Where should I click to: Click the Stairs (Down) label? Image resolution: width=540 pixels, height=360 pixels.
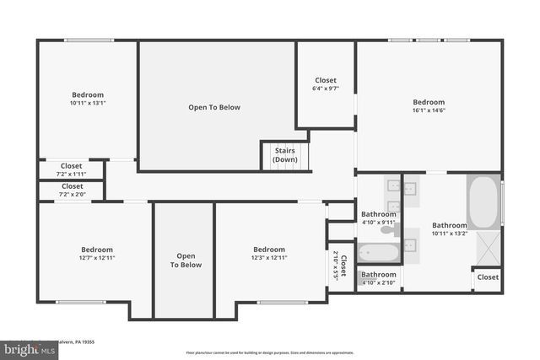[284, 155]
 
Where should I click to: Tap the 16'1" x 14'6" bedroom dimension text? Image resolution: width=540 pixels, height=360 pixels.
[429, 110]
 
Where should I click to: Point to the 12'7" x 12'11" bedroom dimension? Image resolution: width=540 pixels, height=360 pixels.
[97, 258]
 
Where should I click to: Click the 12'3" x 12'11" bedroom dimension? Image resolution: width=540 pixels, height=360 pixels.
[270, 258]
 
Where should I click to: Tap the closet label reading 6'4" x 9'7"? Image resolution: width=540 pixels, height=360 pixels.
[325, 89]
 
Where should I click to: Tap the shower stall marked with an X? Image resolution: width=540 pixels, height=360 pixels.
[488, 248]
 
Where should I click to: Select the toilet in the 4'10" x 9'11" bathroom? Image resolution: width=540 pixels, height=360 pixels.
[387, 229]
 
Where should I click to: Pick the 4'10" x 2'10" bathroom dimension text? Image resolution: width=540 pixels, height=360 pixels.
[379, 282]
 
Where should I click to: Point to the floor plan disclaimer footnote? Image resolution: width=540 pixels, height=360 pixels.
[270, 352]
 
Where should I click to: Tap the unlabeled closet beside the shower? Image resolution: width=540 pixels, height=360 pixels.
[488, 277]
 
